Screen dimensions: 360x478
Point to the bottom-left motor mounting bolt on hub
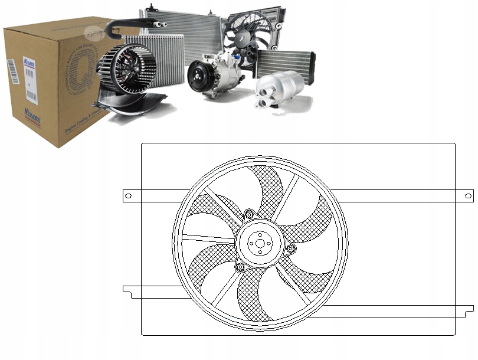tap(240, 268)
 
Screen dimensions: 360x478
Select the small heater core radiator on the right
tap(284, 63)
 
